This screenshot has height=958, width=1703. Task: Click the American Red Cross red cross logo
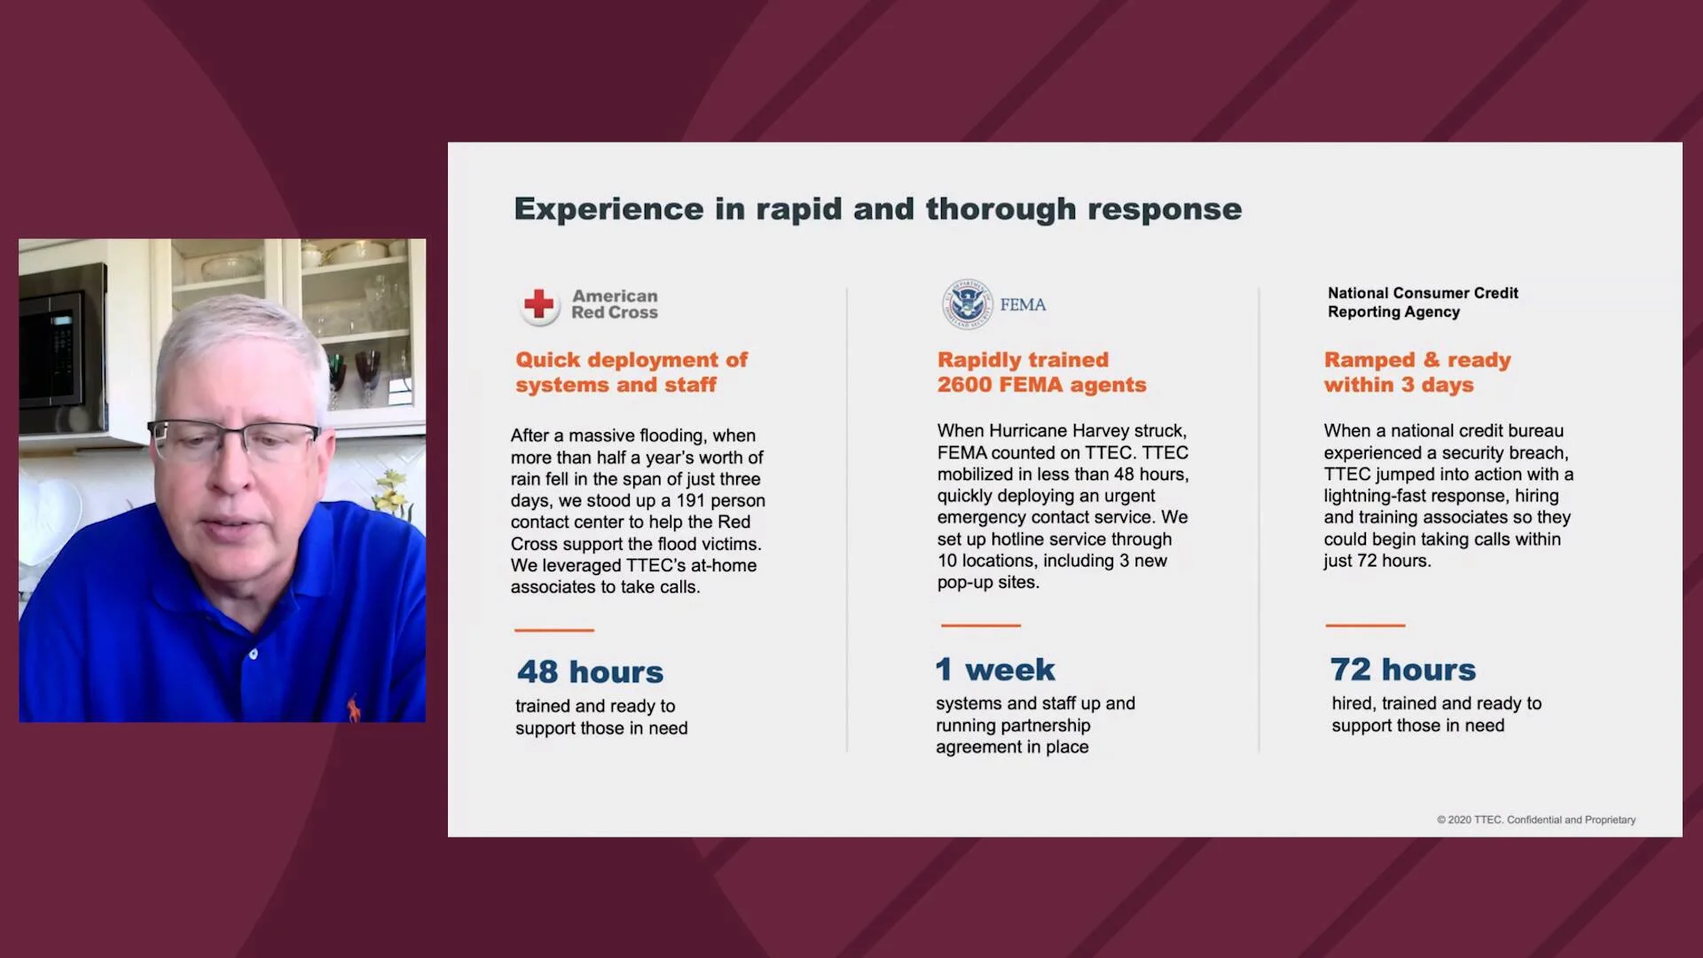pos(538,304)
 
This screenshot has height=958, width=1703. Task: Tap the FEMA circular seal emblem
pos(967,304)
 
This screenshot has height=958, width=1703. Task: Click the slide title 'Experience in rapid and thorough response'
pos(878,209)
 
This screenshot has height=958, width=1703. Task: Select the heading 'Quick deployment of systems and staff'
pos(632,372)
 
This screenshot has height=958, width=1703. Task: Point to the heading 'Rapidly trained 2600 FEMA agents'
pos(1041,372)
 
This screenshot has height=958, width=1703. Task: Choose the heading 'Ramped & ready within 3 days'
pos(1417,372)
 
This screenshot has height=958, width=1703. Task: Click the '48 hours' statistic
pos(590,671)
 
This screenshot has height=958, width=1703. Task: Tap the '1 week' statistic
pos(995,669)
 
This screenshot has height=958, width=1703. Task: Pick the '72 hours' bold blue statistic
pos(1403,669)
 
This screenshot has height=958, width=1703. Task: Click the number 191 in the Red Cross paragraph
pos(691,500)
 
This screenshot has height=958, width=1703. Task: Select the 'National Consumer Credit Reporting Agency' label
pos(1423,302)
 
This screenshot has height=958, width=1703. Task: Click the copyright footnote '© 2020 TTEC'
pos(1470,820)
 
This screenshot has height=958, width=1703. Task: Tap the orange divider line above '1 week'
pos(980,625)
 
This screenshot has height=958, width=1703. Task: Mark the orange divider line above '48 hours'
pos(554,630)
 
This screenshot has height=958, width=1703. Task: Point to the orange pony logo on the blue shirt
pos(355,706)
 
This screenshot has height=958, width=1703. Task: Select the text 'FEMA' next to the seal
pos(1023,304)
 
